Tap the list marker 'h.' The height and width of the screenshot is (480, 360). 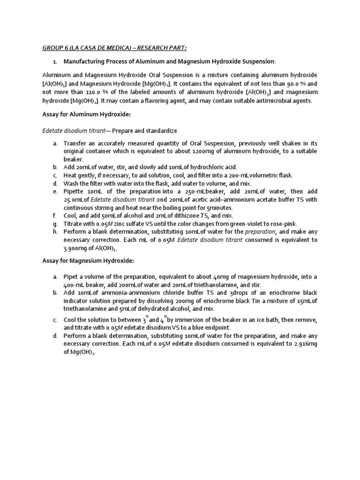tap(55, 232)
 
